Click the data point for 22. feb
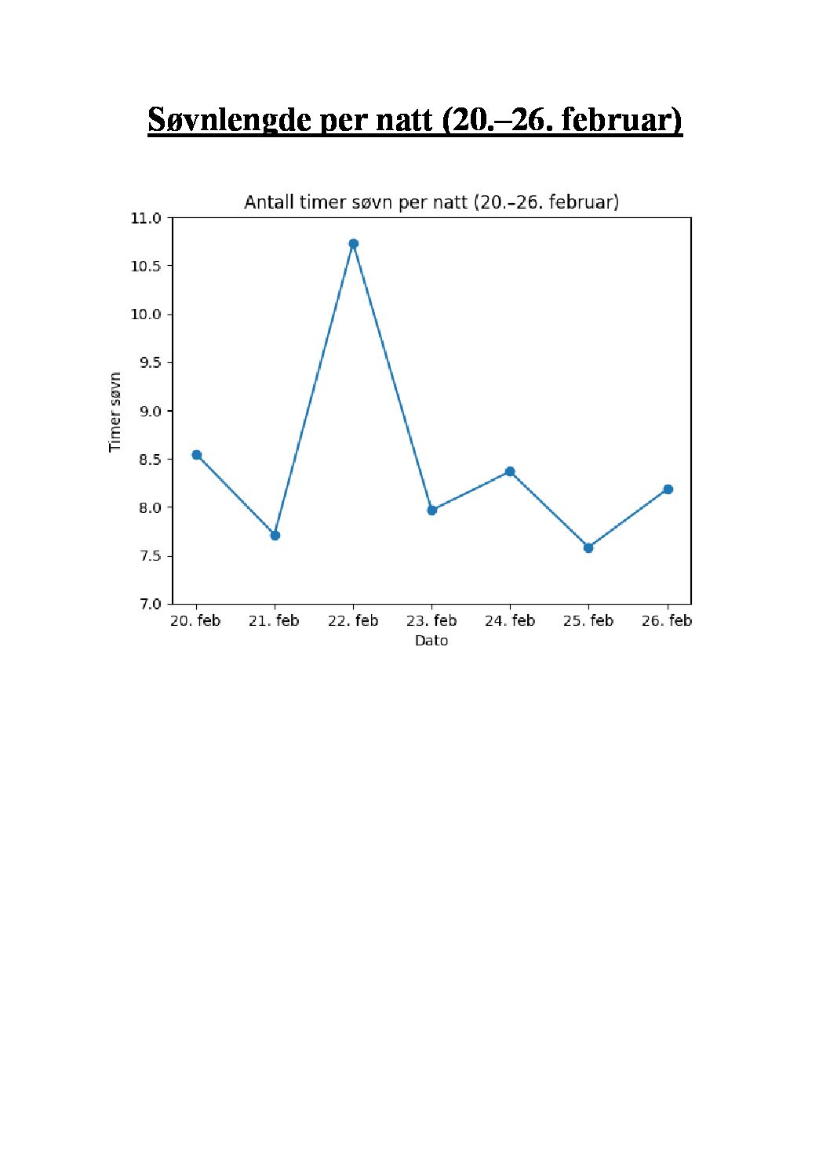click(x=353, y=244)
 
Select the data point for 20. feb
click(x=196, y=455)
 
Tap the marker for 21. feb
click(x=275, y=535)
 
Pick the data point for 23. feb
click(x=431, y=510)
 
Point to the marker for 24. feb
click(x=510, y=471)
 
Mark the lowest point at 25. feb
click(x=588, y=547)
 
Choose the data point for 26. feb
click(x=668, y=489)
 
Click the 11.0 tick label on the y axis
click(x=146, y=218)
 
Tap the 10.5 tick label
click(x=146, y=266)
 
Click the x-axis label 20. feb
click(x=195, y=621)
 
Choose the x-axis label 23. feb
click(x=431, y=621)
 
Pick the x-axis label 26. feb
click(x=667, y=621)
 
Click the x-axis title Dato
click(x=431, y=641)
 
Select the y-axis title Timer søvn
click(x=115, y=412)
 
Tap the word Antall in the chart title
click(x=269, y=202)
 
